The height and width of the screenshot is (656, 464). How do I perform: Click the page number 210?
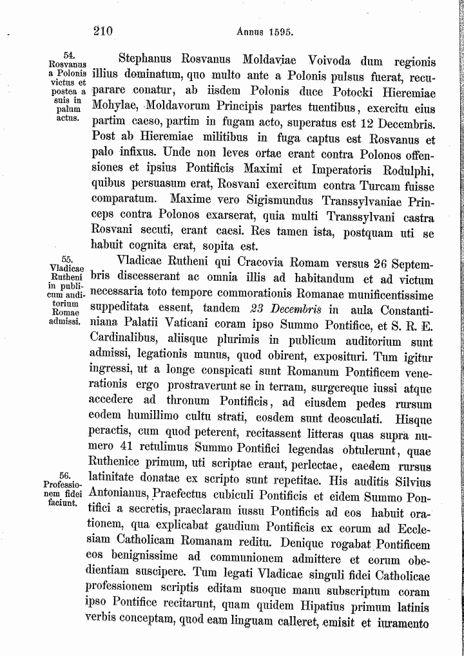102,30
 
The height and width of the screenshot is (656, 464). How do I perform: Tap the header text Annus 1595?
265,31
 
